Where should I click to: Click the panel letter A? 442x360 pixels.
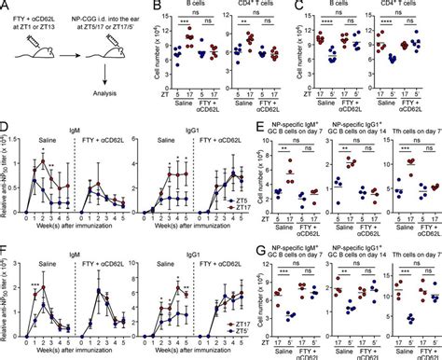pos(6,7)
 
